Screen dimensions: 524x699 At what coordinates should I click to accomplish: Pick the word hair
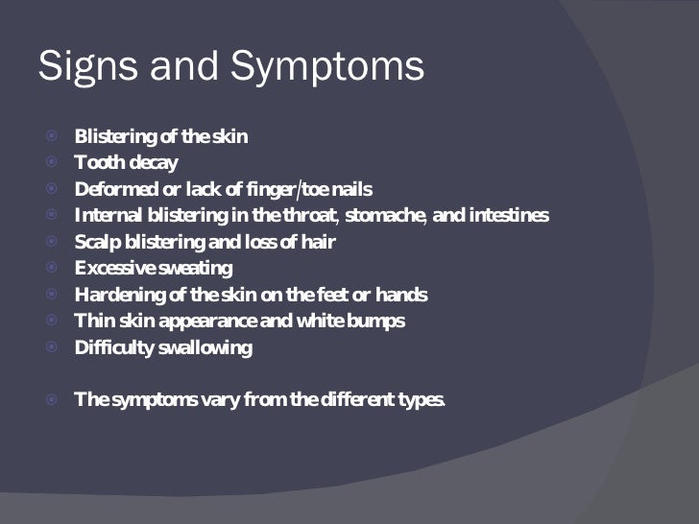[x=318, y=242]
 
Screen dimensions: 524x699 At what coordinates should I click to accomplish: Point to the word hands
[x=402, y=295]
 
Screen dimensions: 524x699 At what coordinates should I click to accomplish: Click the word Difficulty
[x=114, y=347]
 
